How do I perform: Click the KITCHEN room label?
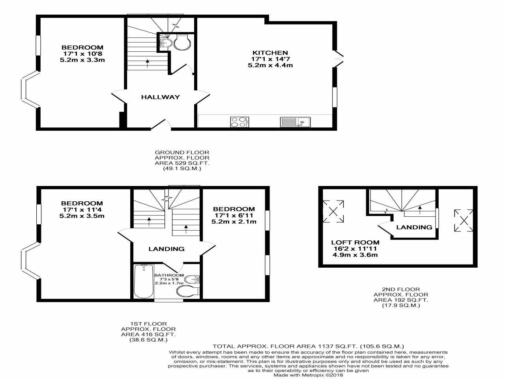click(270, 53)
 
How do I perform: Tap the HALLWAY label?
click(160, 97)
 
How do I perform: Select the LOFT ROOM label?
click(355, 242)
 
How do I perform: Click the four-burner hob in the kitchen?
click(239, 122)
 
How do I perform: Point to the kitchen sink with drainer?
click(295, 122)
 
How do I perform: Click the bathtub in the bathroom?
click(144, 281)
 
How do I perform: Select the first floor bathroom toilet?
click(188, 292)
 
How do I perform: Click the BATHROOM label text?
click(169, 275)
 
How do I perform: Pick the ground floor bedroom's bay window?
click(30, 90)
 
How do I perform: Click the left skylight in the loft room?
click(333, 211)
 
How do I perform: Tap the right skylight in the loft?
click(464, 220)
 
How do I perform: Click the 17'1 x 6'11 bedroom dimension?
click(234, 216)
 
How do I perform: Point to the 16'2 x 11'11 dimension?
click(355, 249)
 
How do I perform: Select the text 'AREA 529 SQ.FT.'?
click(182, 163)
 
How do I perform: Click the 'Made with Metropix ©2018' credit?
click(308, 375)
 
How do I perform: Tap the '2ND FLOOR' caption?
click(401, 289)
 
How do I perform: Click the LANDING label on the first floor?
click(166, 249)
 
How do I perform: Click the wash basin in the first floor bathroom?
click(193, 280)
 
